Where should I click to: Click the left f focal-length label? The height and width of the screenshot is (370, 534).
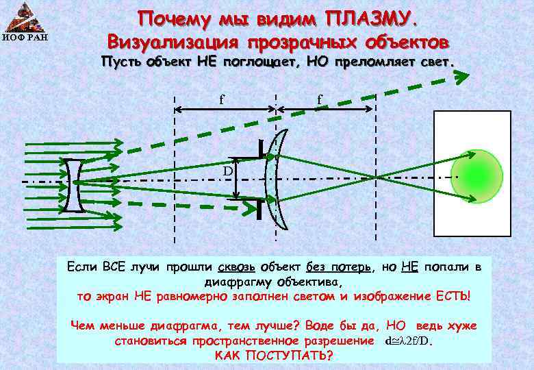[221, 99]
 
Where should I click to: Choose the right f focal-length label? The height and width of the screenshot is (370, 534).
[320, 100]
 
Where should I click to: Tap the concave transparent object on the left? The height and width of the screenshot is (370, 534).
[75, 186]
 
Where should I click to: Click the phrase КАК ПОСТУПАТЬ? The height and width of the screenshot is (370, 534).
[274, 356]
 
